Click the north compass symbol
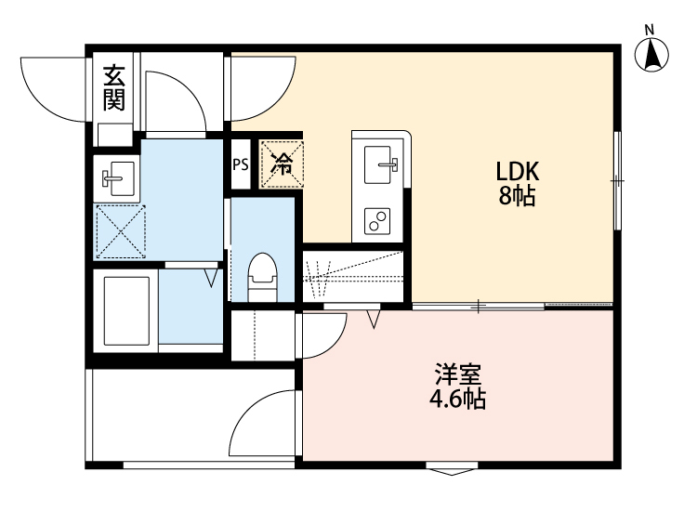654,54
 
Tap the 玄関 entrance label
114,87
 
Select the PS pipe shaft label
241,165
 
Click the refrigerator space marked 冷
282,164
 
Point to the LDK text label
518,172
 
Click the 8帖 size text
518,196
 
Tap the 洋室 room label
457,376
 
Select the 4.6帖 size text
457,400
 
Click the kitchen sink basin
381,166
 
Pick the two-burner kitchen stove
378,221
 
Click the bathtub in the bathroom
125,309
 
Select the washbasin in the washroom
117,177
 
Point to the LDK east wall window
617,179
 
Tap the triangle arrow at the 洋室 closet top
375,320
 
